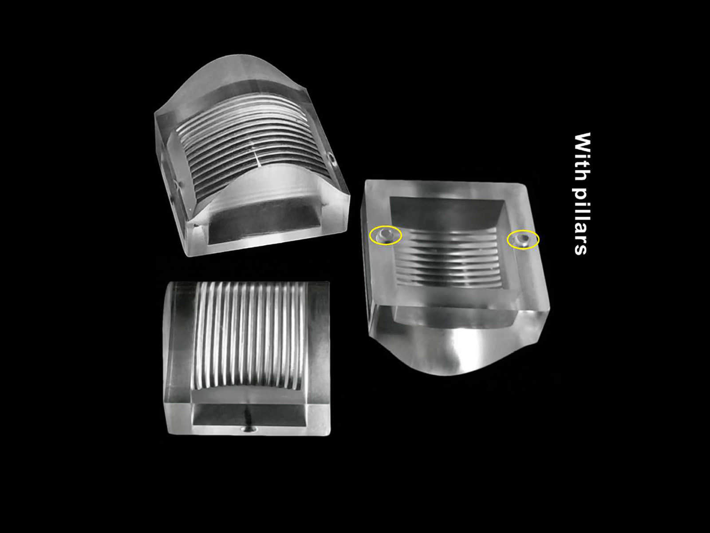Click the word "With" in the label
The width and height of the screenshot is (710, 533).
tap(582, 156)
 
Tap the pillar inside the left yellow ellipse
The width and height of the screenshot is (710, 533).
tap(385, 235)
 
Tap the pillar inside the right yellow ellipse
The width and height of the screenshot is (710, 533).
tap(523, 239)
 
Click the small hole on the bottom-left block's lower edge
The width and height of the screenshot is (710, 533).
tap(249, 430)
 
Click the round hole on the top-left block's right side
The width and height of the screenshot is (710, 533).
tap(332, 159)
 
